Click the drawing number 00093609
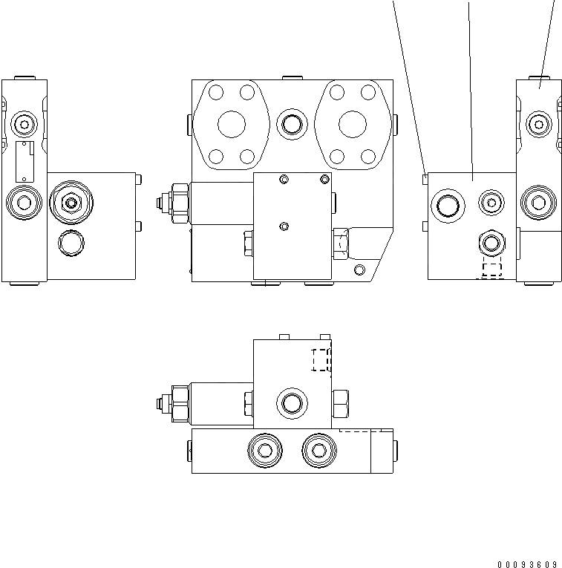click(x=528, y=564)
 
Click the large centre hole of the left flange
click(x=232, y=124)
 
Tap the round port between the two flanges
click(x=290, y=124)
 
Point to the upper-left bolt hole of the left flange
click(x=216, y=93)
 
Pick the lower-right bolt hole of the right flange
click(x=369, y=156)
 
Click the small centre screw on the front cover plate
click(x=282, y=226)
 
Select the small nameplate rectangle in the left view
click(x=26, y=161)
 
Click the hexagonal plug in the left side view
click(x=71, y=201)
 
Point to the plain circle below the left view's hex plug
click(x=71, y=241)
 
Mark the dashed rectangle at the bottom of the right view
click(x=491, y=270)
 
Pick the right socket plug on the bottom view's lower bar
click(x=318, y=450)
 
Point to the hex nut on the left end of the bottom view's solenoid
click(x=180, y=404)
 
